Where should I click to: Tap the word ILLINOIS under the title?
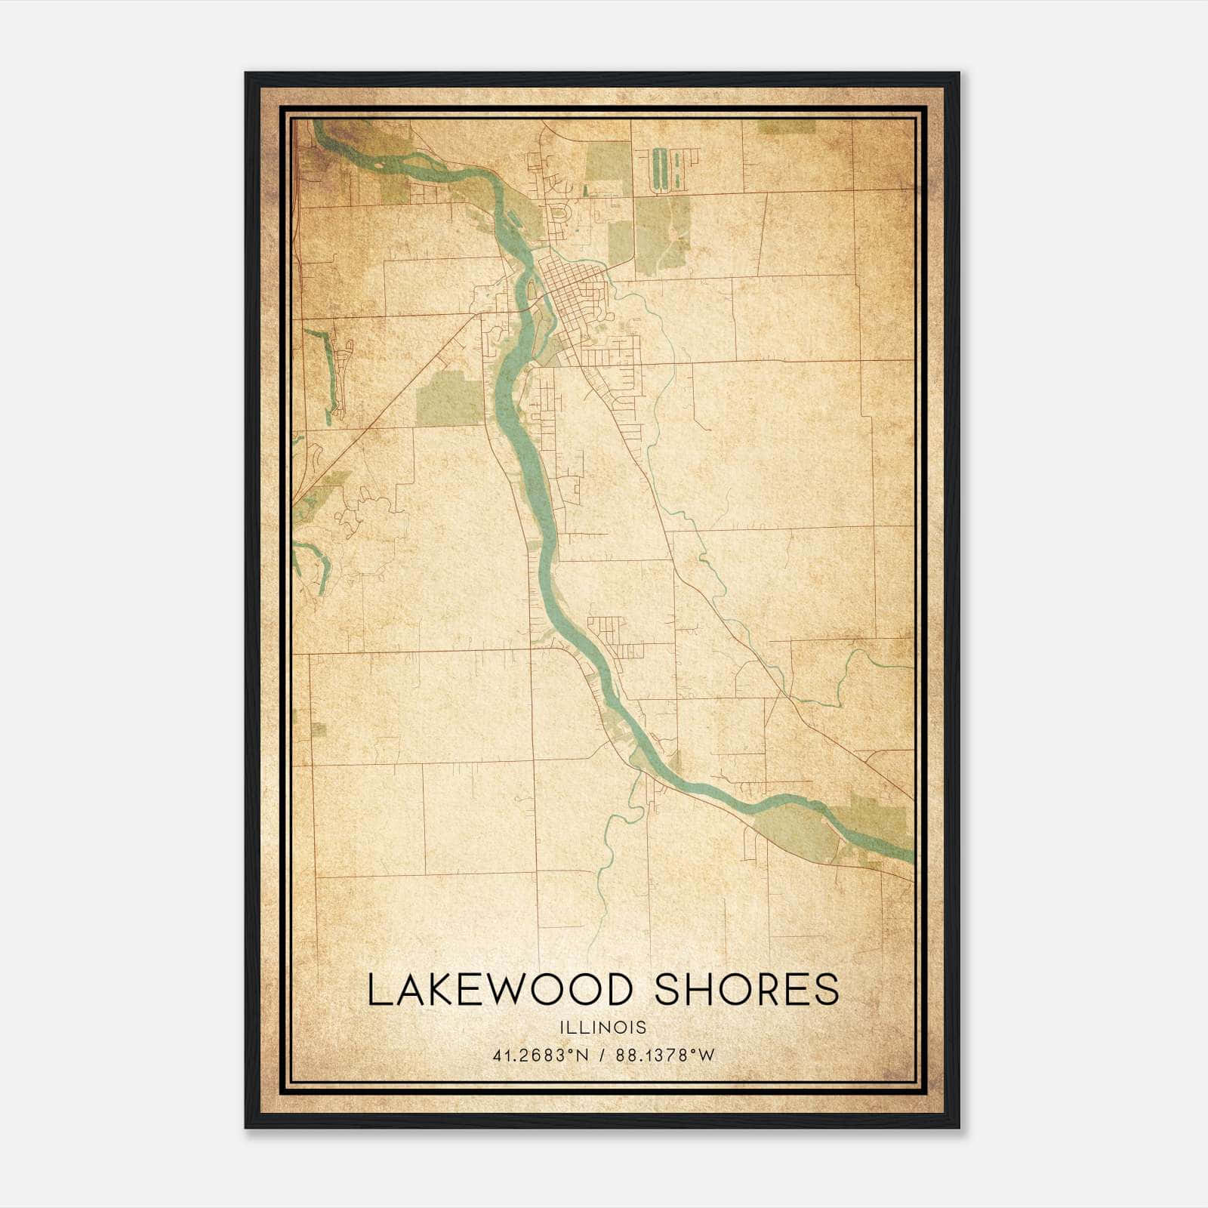pos(603,1028)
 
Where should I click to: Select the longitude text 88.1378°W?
pos(664,1055)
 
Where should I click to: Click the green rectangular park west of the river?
pos(448,399)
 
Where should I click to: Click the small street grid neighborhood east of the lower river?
pos(612,634)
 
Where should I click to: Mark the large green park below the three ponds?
pos(662,234)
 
